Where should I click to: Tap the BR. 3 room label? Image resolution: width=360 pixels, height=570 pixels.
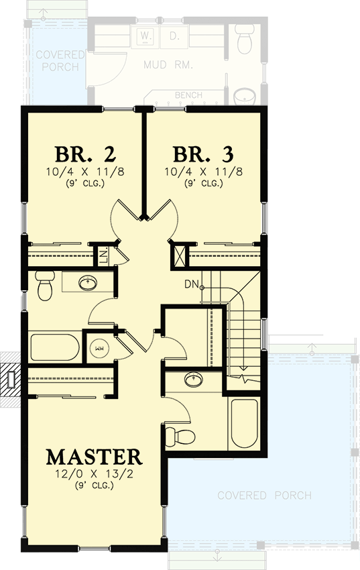203,154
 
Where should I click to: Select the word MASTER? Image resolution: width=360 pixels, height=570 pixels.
94,457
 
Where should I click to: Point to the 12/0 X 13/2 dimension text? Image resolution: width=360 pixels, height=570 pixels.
94,475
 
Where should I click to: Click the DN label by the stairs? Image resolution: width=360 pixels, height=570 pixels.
192,284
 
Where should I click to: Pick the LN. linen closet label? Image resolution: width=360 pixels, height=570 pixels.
104,255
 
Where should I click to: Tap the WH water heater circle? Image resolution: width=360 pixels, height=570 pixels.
99,348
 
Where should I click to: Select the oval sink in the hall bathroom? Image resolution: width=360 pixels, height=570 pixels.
86,282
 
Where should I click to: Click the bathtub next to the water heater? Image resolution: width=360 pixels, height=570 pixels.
54,347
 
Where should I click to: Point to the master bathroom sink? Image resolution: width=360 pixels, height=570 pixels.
194,380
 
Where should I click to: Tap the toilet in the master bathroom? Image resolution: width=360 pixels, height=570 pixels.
178,436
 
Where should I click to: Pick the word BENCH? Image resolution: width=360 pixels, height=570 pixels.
188,95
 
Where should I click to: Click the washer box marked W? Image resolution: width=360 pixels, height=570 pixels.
144,35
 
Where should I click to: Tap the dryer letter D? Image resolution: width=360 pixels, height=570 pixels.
174,35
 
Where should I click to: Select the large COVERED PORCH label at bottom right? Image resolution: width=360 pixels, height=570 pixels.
264,496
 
